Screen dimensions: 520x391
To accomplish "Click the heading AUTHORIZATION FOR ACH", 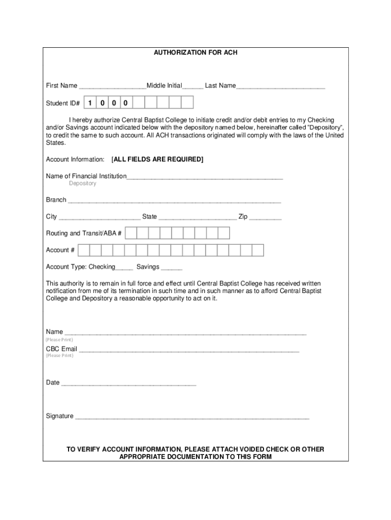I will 195,53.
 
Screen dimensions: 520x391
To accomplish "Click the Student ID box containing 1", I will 90,103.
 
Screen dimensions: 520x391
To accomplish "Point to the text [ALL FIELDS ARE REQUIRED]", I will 157,159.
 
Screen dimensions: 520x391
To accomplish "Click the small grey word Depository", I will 82,183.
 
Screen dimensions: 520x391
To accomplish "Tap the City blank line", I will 100,218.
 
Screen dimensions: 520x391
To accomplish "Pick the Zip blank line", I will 265,218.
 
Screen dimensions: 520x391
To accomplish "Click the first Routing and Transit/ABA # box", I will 131,233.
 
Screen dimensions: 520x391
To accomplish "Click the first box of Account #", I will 84,250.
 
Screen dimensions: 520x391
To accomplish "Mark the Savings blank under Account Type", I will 172,268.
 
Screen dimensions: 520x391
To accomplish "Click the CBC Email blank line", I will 189,350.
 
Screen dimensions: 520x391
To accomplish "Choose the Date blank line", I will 128,384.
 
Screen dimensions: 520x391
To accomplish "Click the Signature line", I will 191,417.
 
